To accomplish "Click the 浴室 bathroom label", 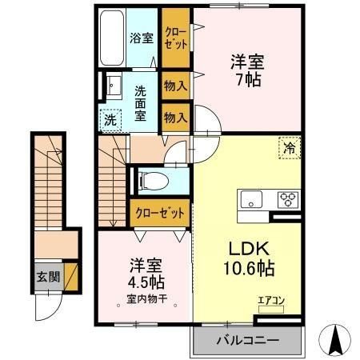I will [142, 38].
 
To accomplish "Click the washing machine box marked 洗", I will [110, 121].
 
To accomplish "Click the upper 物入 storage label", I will [175, 86].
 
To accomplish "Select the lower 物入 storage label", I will [175, 117].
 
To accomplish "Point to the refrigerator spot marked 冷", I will [290, 148].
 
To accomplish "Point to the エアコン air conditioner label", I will [269, 302].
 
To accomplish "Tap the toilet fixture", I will [152, 181].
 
